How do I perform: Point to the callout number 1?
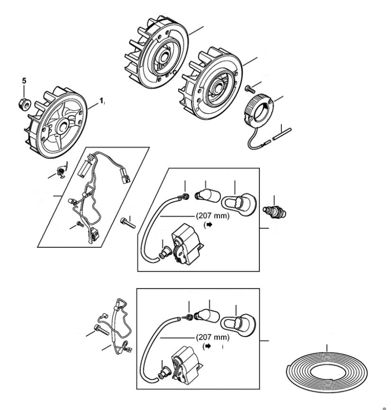102,100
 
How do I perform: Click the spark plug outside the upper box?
274,212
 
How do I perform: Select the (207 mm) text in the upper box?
212,217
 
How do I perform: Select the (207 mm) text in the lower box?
212,337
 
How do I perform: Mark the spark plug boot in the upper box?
238,203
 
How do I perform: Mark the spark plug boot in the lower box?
238,323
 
